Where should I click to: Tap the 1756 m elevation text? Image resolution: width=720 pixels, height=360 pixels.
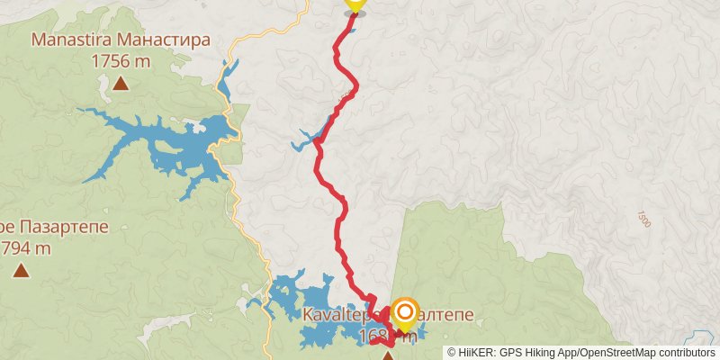121,61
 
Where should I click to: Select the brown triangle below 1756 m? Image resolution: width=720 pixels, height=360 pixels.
121,85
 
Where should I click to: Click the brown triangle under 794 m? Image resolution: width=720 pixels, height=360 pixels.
20,270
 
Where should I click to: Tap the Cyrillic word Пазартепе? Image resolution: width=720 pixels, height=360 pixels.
63,227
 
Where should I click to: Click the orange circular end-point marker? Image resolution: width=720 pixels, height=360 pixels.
405,313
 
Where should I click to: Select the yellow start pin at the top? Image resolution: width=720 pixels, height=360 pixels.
355,4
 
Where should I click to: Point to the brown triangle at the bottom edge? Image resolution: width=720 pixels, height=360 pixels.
388,356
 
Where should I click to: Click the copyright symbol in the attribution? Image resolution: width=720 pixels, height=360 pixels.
451,352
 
